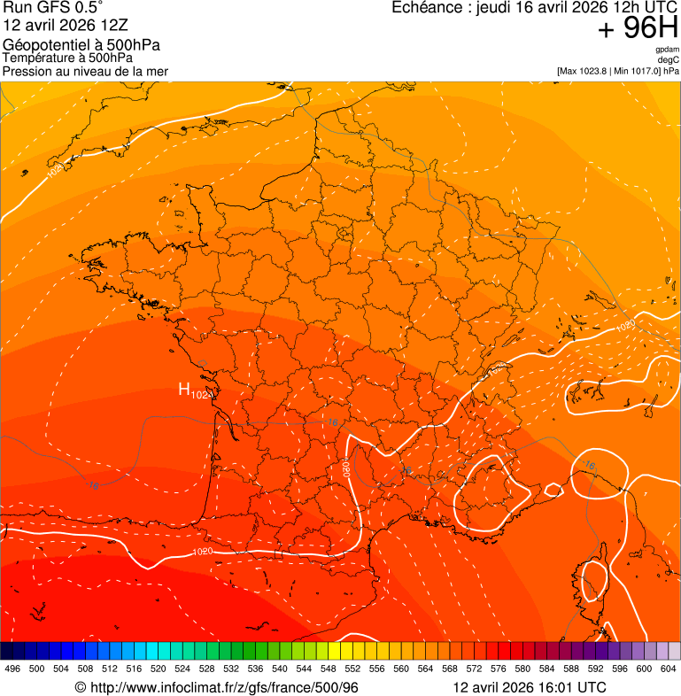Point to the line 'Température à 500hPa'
coord(67,58)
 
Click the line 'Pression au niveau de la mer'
coord(85,71)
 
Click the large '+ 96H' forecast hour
coord(638,29)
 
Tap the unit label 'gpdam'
coord(667,50)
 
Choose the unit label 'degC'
coord(669,60)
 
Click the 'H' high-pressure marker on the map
coord(184,389)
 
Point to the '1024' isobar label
coord(56,168)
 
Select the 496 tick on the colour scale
coord(12,669)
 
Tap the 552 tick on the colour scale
coord(352,669)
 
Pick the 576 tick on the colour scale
coord(498,669)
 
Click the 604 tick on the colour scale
coord(668,669)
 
